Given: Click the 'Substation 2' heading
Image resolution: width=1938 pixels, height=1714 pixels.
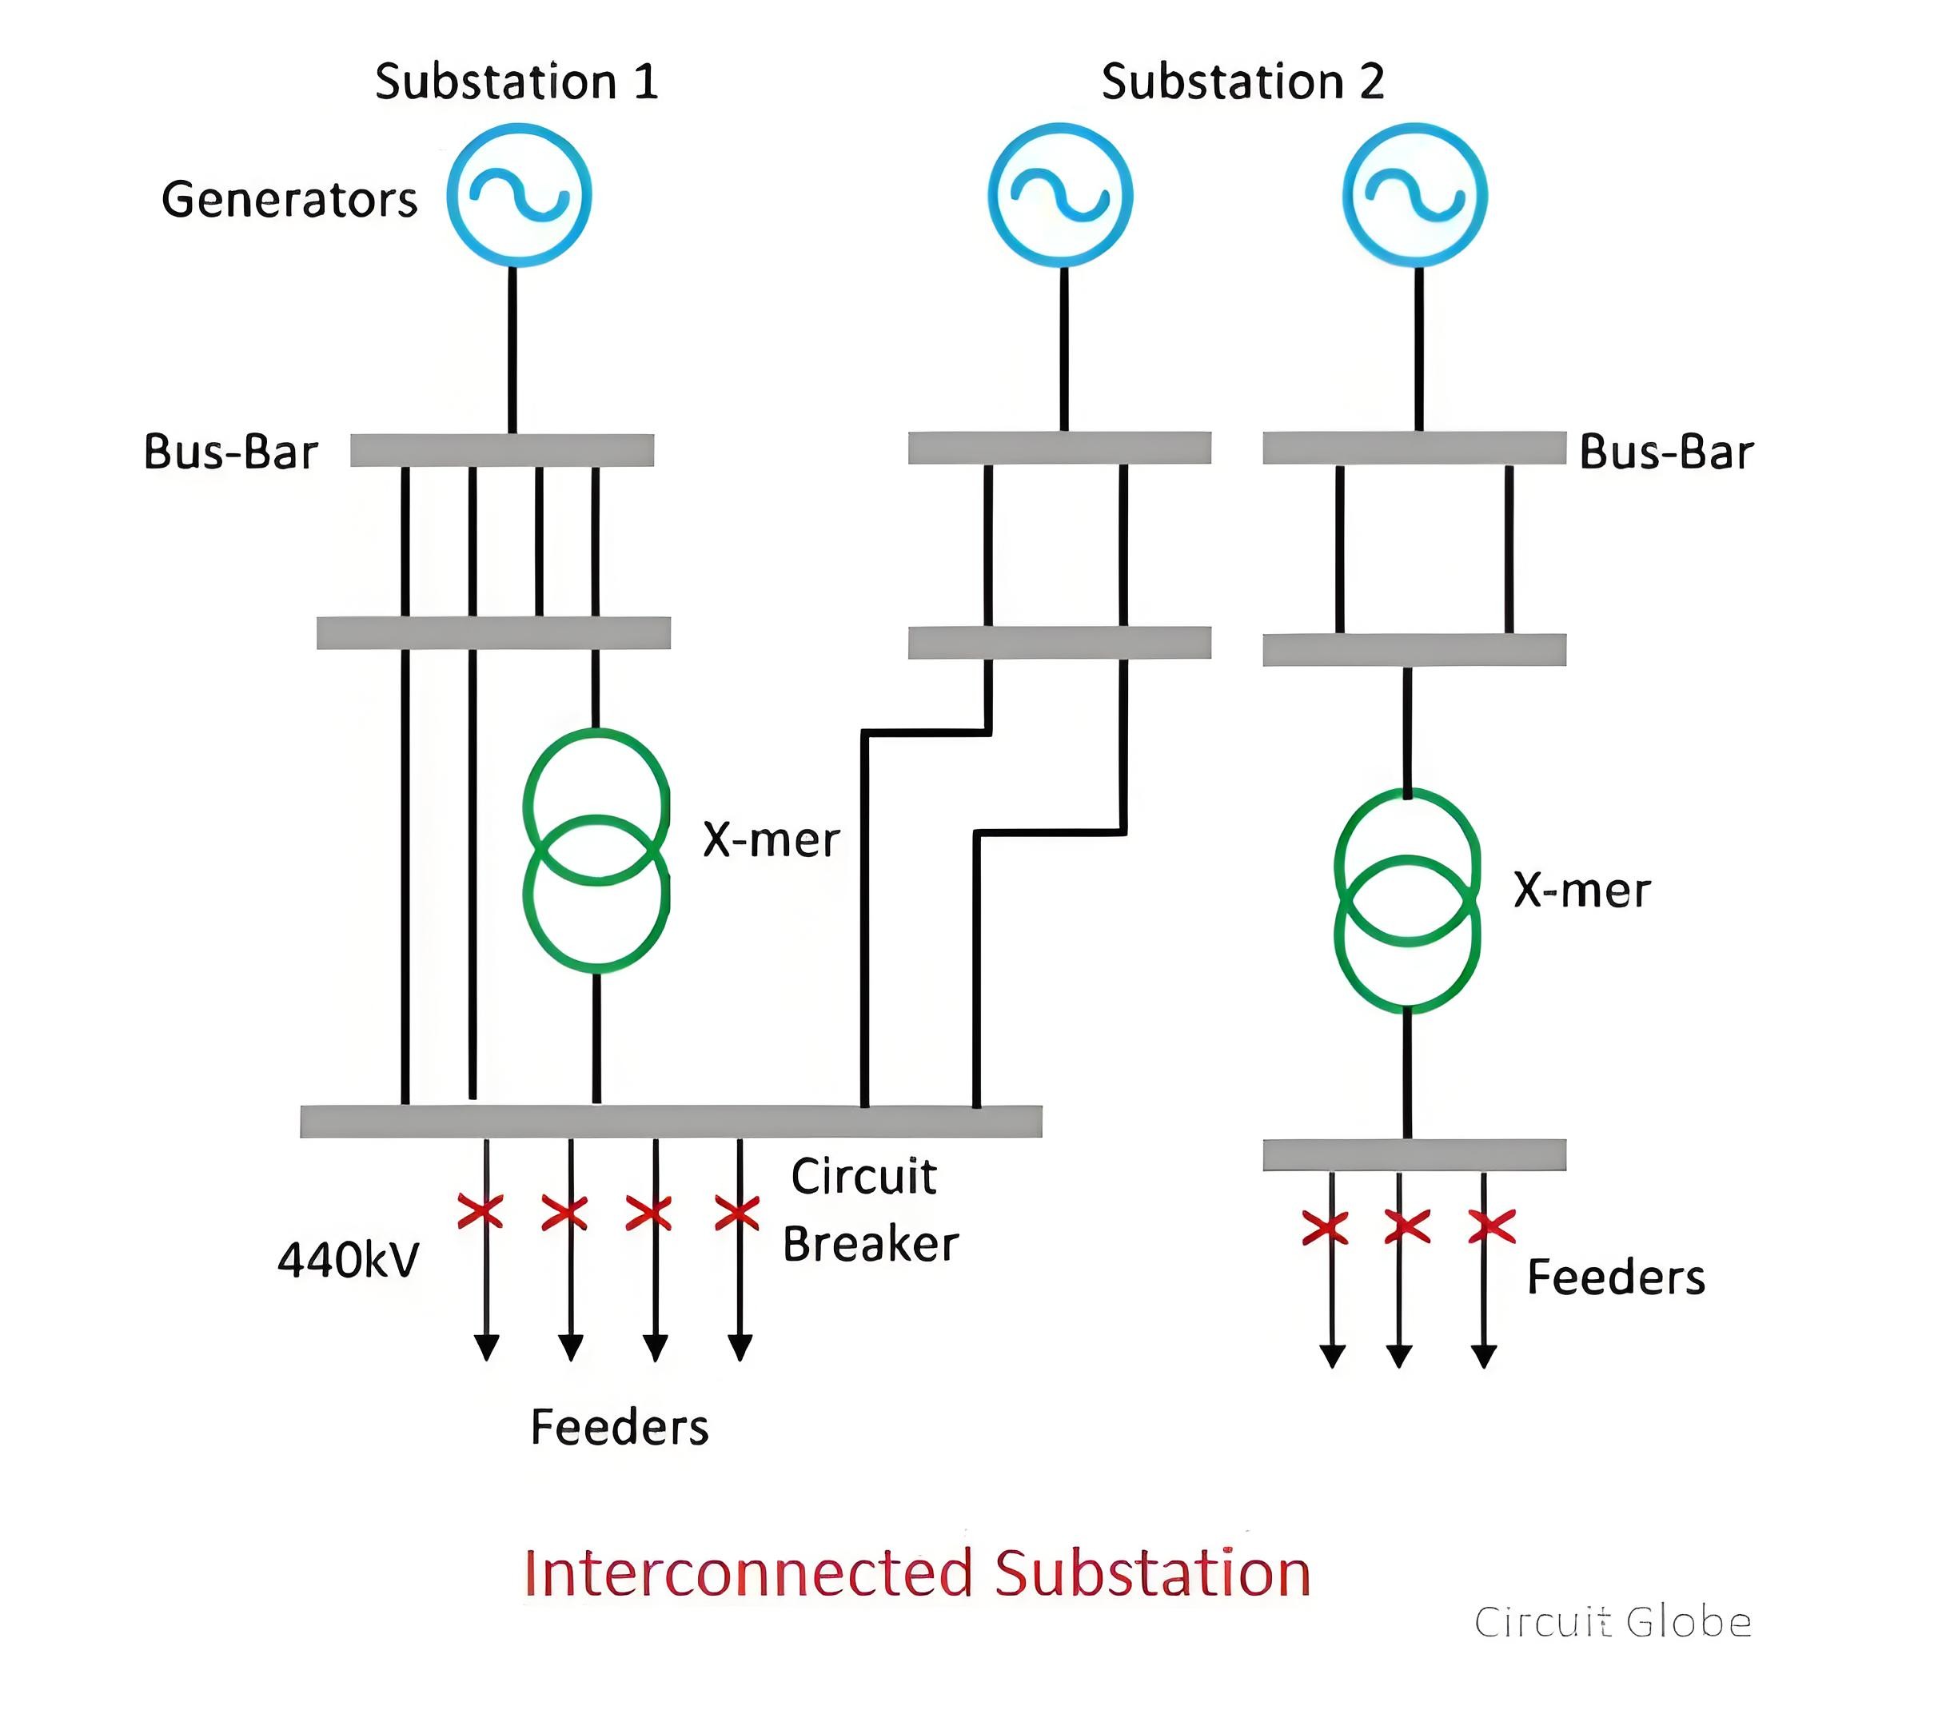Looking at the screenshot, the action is coord(1242,82).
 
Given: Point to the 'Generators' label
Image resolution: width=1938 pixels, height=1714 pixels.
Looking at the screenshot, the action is coord(289,200).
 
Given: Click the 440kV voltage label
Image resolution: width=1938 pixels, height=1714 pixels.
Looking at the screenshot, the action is coord(348,1260).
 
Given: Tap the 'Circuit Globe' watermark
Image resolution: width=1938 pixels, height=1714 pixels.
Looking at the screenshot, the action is coord(1613,1622).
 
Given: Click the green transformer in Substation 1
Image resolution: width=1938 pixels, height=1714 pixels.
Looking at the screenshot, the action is coord(527,851).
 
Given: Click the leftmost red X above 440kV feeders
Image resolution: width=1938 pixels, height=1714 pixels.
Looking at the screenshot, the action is coord(481,1212).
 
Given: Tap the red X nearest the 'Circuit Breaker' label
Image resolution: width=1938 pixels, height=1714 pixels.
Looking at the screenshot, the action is coord(736,1213).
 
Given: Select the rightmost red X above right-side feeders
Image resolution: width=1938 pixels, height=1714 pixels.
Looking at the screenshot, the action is coord(1491,1226).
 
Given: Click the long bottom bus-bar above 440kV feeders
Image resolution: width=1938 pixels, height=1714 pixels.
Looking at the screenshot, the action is coord(672,1122).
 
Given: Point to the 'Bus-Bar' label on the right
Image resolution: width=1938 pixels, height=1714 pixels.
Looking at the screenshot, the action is coord(1666,452).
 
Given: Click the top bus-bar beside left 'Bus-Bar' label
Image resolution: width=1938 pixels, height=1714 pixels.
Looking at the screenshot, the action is coord(501,450).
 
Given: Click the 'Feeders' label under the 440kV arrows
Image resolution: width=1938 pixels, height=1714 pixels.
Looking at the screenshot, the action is coord(619,1428).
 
